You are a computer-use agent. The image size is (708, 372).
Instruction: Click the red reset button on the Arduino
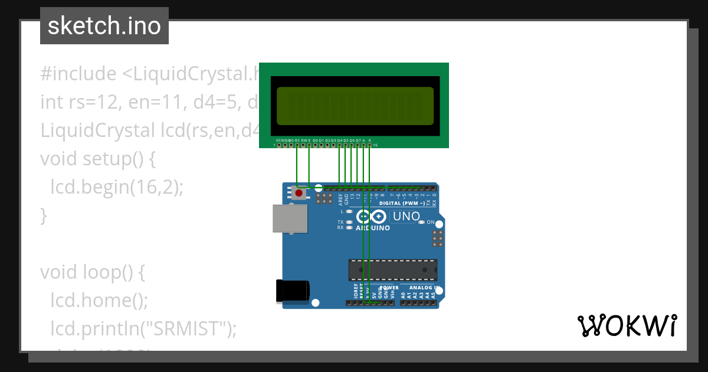click(x=299, y=193)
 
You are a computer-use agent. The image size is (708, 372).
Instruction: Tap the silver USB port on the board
click(x=287, y=218)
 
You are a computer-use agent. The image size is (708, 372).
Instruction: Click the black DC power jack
click(x=292, y=291)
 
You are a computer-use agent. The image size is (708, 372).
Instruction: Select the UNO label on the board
click(x=406, y=217)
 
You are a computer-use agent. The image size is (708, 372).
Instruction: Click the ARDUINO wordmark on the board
click(x=372, y=228)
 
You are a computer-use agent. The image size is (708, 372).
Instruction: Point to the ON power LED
click(x=421, y=223)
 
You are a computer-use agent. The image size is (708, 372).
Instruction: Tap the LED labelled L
click(x=349, y=211)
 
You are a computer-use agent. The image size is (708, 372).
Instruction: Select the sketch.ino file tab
click(x=104, y=26)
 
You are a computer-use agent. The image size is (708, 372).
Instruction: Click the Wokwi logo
click(x=627, y=325)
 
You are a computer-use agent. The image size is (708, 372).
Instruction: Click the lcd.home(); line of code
click(x=99, y=301)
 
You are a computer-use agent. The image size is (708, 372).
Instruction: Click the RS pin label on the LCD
click(x=297, y=140)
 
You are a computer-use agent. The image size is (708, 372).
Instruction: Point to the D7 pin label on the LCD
click(x=358, y=140)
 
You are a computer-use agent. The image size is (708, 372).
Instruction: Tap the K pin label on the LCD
click(x=370, y=140)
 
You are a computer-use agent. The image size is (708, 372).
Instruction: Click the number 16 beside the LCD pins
click(x=375, y=145)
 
